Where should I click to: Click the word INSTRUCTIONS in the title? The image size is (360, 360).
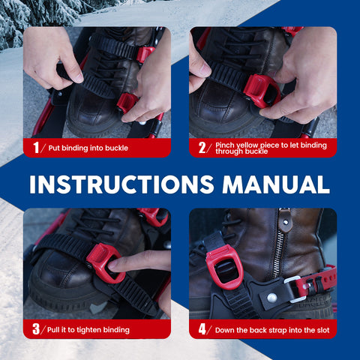(121, 184)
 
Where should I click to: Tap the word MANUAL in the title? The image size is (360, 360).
(276, 184)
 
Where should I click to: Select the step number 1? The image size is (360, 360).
(36, 148)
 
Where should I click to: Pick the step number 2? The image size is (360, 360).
(202, 148)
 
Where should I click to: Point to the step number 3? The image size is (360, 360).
(36, 329)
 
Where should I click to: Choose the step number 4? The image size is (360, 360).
(202, 329)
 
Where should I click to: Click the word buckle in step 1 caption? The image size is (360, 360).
(116, 148)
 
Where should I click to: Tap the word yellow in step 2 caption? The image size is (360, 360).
(247, 145)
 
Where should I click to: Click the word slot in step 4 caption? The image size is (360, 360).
(323, 330)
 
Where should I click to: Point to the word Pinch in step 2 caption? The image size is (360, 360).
(225, 145)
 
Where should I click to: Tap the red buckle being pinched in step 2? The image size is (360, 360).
(261, 91)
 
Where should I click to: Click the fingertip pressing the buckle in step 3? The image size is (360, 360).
(114, 266)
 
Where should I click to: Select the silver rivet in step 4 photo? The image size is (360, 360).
(272, 298)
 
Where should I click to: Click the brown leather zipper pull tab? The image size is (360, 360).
(284, 220)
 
